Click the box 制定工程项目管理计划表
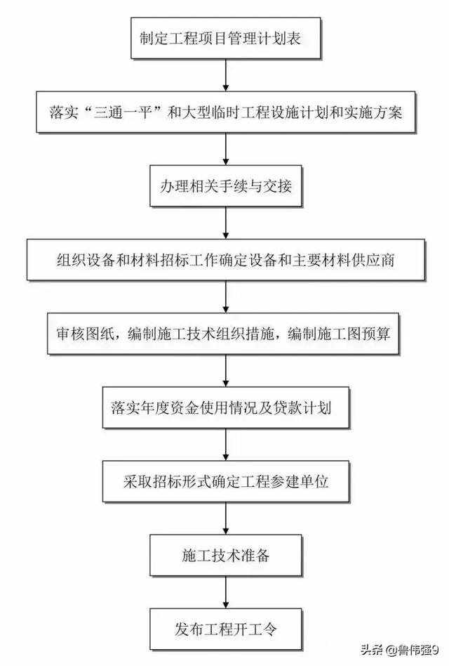coord(225,38)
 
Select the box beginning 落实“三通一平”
coord(226,112)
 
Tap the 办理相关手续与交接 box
coord(226,186)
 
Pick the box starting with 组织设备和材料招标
coord(226,260)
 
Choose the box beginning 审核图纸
coord(223,334)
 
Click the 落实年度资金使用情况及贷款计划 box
coord(226,407)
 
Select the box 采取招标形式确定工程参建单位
coord(226,481)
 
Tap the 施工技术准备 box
coord(226,555)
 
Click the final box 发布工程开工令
coord(226,629)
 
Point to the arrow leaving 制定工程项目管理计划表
coord(226,74)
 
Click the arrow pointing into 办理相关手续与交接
coord(226,149)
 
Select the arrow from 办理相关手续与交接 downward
coord(226,223)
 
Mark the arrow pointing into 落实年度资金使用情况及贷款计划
coord(226,370)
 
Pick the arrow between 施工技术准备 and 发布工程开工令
coord(226,592)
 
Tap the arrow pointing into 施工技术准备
coord(226,518)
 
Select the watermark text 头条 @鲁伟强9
coord(399,650)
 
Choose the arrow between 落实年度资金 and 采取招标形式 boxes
coord(226,444)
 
